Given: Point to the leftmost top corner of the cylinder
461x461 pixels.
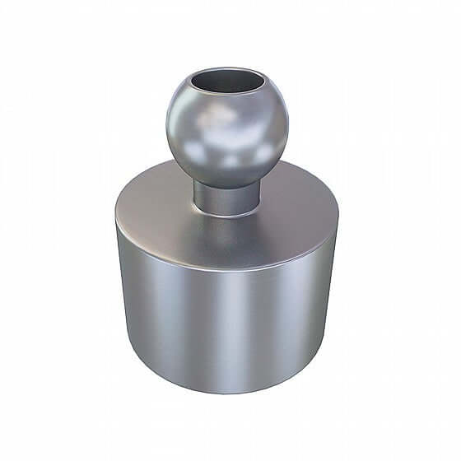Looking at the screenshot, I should (116, 216).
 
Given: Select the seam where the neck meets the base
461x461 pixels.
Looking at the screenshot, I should (226, 212).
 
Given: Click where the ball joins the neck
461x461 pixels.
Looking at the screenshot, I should (226, 183).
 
